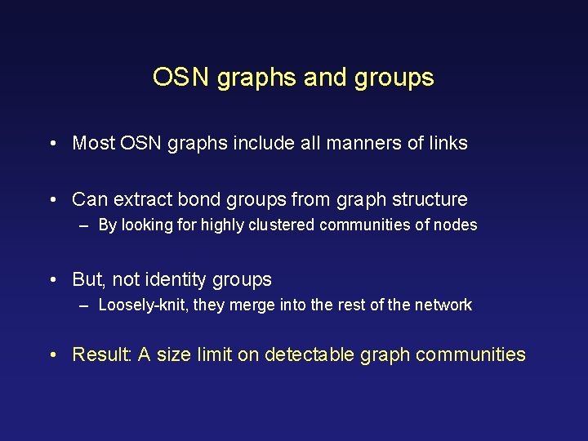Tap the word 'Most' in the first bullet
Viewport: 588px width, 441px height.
pos(94,144)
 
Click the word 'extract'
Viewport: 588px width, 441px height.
pos(143,199)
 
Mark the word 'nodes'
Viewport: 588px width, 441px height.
pos(456,225)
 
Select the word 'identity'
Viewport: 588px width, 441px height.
pos(176,279)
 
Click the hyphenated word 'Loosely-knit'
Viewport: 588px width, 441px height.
pos(142,305)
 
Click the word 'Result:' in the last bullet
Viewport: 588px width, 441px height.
pos(102,354)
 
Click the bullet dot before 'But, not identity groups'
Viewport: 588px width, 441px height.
pos(52,280)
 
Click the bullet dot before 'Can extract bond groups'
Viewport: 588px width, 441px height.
pos(52,200)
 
